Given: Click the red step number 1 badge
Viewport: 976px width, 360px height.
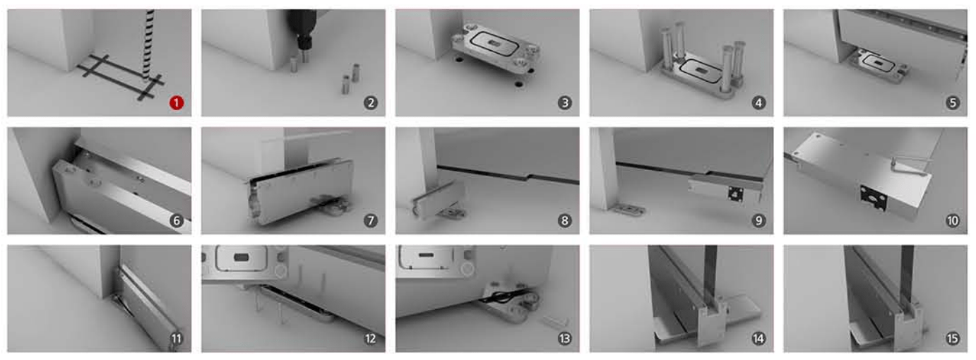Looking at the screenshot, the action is click(177, 103).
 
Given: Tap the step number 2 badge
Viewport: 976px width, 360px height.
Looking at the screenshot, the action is click(371, 103).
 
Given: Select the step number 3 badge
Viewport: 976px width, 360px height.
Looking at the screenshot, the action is click(565, 103).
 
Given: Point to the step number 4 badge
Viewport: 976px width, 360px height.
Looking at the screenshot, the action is click(758, 103).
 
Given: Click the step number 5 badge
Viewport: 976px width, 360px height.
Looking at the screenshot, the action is click(953, 103).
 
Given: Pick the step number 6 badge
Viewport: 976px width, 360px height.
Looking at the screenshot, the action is click(177, 221).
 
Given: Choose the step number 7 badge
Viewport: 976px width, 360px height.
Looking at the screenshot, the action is click(371, 221).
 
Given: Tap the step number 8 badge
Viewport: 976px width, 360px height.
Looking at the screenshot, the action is click(565, 221).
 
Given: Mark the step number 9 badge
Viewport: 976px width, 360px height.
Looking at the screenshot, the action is click(758, 221).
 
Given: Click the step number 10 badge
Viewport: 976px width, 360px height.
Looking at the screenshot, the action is click(953, 221).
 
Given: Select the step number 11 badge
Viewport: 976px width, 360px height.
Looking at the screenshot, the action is click(177, 338).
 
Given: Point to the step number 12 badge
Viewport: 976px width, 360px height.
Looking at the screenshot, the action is click(371, 338).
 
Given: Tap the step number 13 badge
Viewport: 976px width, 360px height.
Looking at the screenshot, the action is click(565, 338).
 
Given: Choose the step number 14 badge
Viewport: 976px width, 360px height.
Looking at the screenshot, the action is click(758, 338).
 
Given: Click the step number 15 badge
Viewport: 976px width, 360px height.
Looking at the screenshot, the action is click(953, 338).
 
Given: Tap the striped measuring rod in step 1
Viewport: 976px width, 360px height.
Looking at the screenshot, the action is click(148, 44).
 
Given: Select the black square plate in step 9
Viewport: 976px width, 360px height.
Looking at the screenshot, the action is click(735, 193).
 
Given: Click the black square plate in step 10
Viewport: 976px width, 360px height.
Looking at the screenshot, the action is click(874, 198).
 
